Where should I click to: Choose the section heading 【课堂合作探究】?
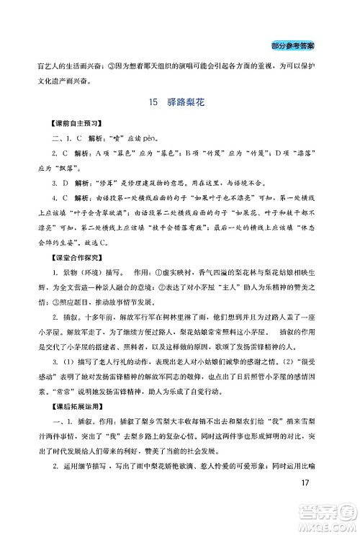pos(71,258)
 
